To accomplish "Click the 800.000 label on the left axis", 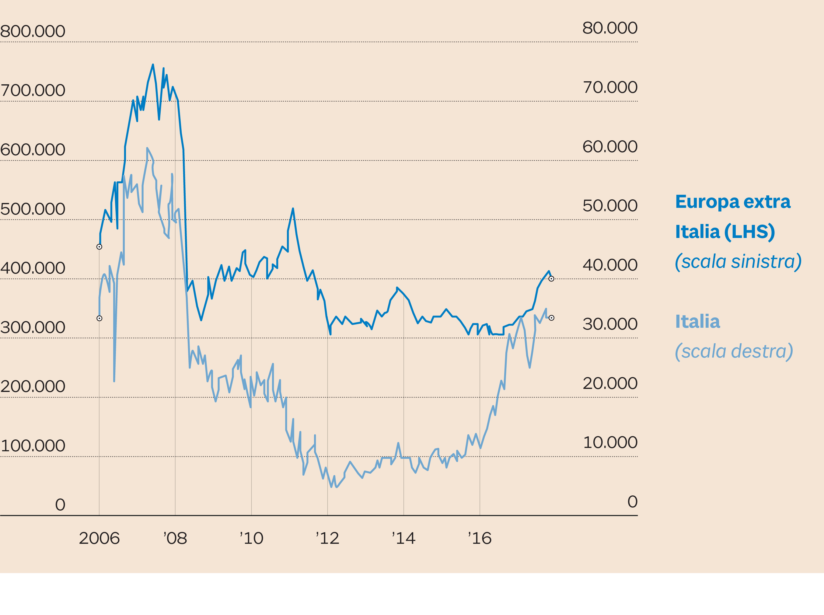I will coord(33,31).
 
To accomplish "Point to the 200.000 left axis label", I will coord(33,386).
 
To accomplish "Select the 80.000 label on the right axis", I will coord(609,28).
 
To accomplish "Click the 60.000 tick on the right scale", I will coord(609,147).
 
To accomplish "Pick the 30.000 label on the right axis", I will coord(609,324).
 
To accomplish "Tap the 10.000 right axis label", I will coord(609,443).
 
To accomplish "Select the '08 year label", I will coord(175,538).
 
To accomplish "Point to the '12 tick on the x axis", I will coord(327,538).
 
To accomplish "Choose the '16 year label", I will coord(480,538).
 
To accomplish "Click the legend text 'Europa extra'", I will coord(732,202).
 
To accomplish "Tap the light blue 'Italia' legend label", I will coord(697,322).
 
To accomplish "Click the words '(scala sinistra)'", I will coord(738,262).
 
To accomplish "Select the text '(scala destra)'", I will coord(734,351).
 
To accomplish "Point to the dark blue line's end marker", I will coord(551,279).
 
